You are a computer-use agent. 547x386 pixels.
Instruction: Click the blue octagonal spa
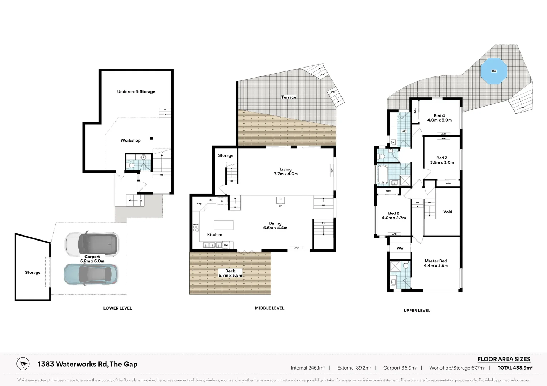(x=494, y=71)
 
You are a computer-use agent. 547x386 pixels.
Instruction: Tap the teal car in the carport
(x=91, y=274)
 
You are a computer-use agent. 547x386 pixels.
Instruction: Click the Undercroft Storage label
(x=136, y=92)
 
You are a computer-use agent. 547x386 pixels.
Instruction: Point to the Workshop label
(x=130, y=140)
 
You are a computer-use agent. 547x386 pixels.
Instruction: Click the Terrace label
(x=289, y=97)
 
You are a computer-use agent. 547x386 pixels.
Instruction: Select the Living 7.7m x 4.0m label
(x=286, y=172)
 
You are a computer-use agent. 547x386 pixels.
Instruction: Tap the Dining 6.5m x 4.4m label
(x=275, y=226)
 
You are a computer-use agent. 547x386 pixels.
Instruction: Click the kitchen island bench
(x=224, y=225)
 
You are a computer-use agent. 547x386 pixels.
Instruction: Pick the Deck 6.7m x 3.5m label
(x=230, y=273)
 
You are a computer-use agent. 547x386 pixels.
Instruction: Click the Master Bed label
(x=436, y=263)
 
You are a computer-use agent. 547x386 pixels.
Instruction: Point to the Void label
(x=447, y=212)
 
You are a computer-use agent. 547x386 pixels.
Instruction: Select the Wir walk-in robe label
(x=400, y=248)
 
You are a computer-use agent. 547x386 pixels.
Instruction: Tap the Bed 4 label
(x=439, y=118)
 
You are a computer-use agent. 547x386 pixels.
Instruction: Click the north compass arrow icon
(x=23, y=364)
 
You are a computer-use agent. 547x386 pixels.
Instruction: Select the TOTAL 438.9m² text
(x=515, y=368)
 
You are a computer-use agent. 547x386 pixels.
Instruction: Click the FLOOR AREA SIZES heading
(x=504, y=359)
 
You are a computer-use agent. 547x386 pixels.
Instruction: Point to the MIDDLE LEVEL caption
(x=270, y=308)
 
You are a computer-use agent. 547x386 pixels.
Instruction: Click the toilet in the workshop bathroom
(x=131, y=165)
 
